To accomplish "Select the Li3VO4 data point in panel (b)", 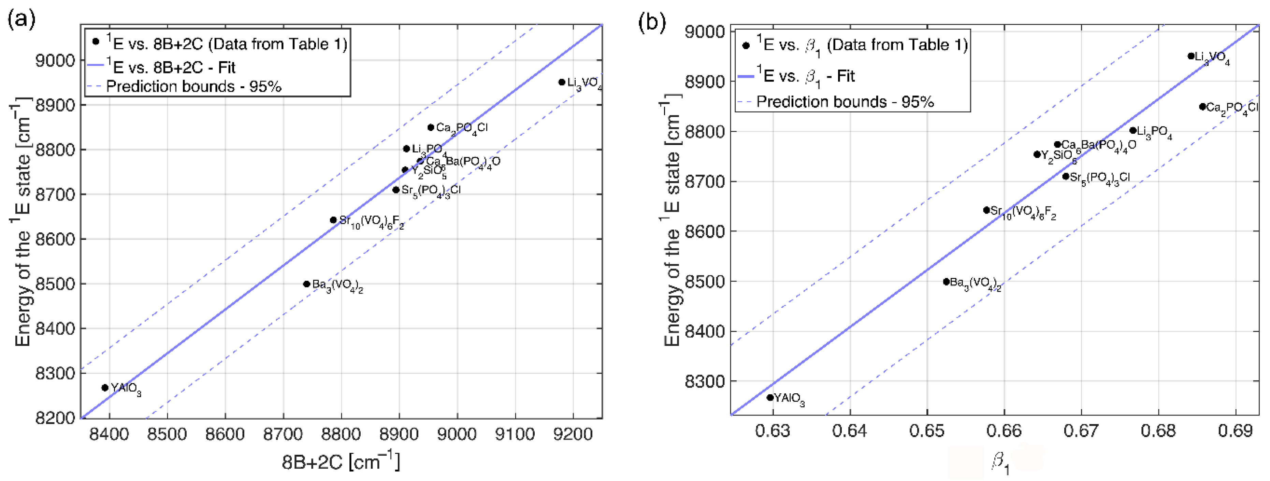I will coord(1191,56).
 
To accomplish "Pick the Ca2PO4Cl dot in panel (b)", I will coord(1202,107).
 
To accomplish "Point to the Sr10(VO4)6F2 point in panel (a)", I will coord(333,220).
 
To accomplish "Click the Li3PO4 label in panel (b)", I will coord(1154,132).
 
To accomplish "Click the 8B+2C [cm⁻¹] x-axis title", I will coord(340,462).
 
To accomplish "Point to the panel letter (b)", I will coord(652,22).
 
